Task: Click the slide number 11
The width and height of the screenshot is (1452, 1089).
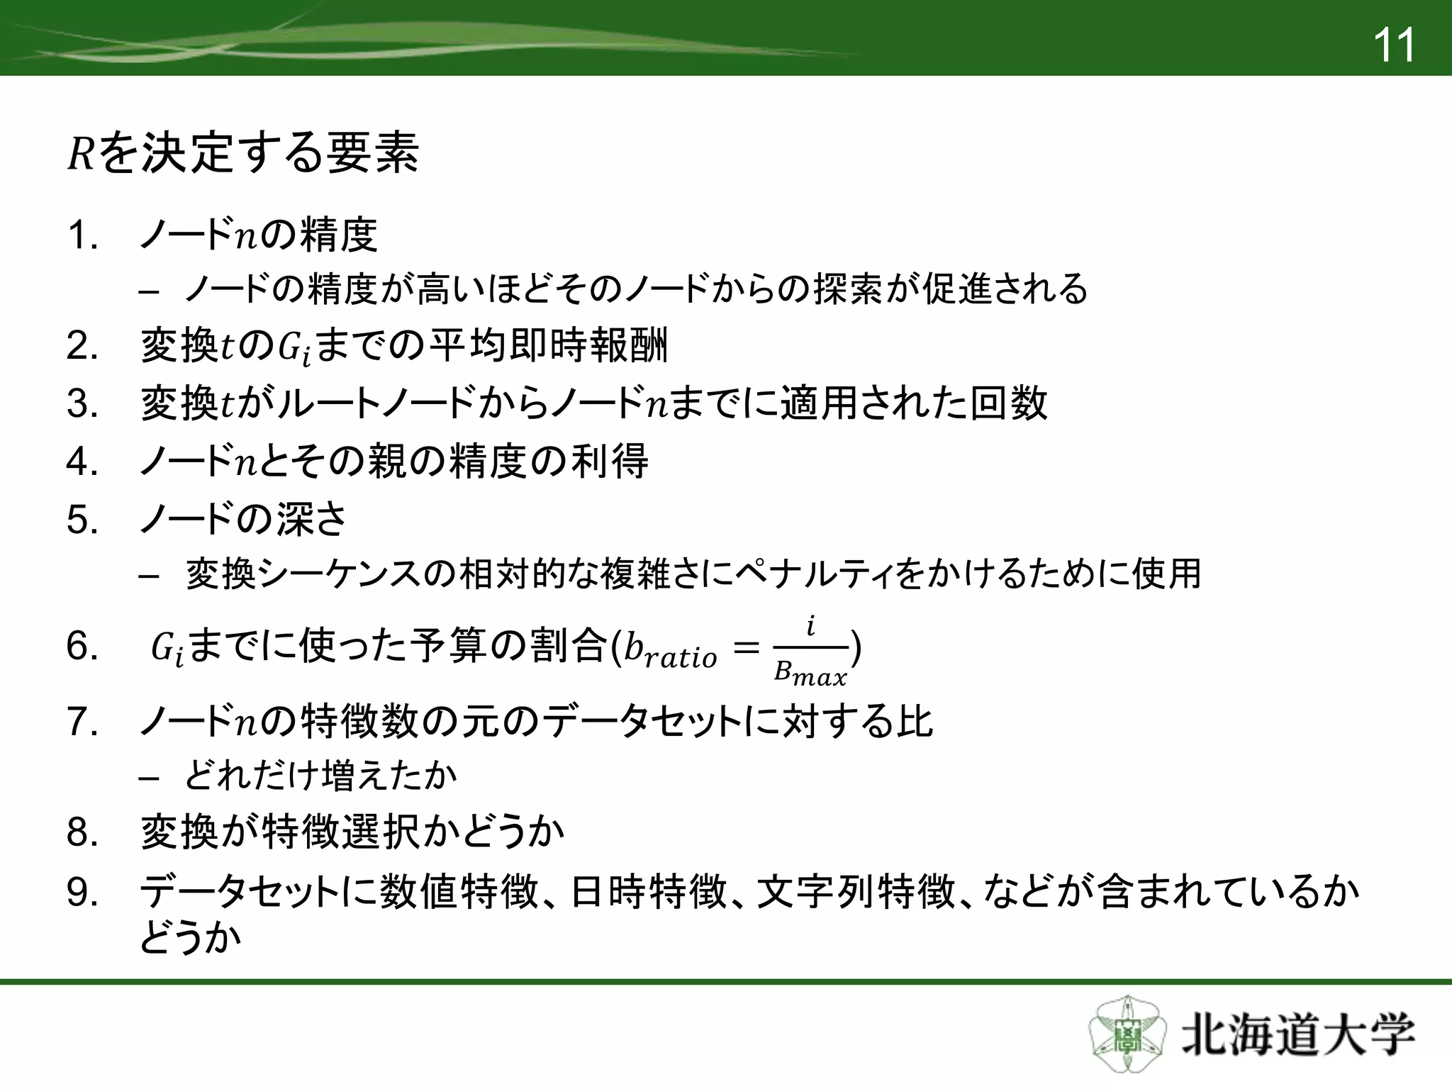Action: point(1393,45)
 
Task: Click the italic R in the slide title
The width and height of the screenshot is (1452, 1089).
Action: point(80,154)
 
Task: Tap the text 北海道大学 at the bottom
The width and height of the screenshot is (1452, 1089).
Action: point(1297,1037)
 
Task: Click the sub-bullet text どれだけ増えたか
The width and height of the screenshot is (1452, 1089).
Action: point(320,776)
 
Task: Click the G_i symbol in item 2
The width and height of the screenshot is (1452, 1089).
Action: point(293,349)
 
